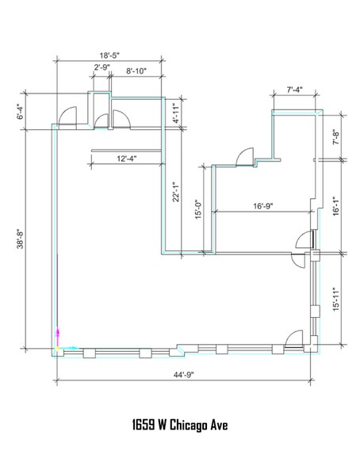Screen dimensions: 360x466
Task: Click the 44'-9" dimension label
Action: (183, 374)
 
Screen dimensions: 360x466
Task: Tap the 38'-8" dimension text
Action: (20, 239)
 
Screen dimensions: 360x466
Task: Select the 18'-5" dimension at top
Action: (109, 55)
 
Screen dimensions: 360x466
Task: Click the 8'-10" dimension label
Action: (136, 71)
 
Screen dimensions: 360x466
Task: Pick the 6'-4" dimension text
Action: (20, 112)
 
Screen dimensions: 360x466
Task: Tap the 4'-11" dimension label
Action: (176, 113)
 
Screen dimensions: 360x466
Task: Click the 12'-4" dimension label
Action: (127, 159)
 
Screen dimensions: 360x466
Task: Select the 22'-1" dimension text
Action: (176, 192)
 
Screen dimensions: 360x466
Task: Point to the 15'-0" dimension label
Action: (198, 209)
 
